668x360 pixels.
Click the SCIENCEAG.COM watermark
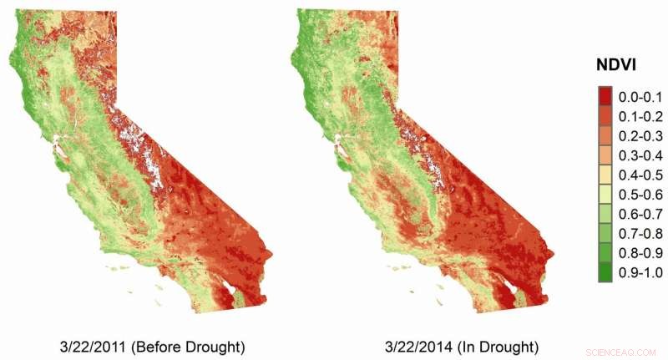pos(623,352)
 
